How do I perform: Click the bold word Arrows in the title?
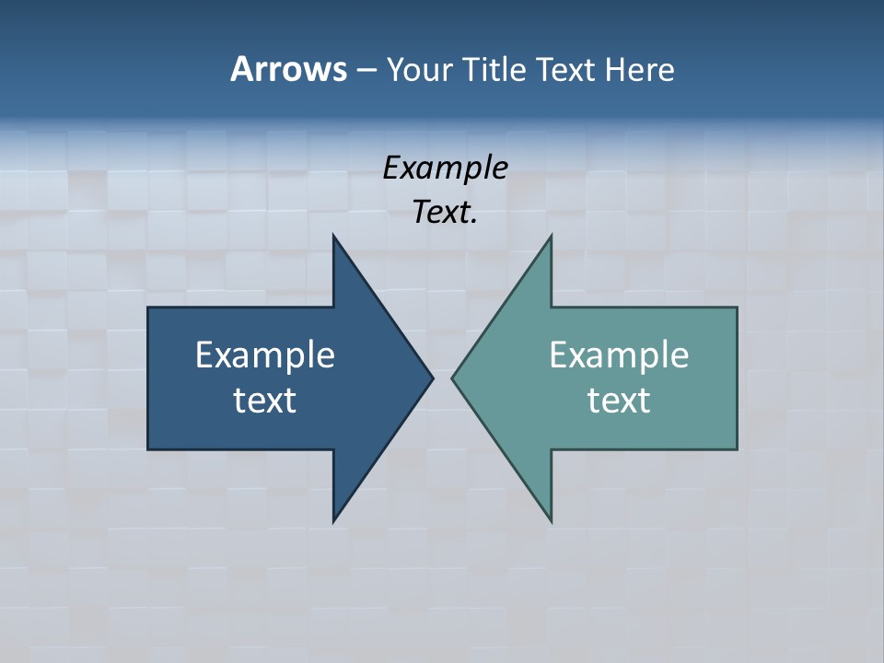287,70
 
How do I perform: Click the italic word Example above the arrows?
445,169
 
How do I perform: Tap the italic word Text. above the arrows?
445,213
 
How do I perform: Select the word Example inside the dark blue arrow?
265,355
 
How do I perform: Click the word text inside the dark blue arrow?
265,400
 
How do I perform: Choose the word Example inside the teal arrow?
619,355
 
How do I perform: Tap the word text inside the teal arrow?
619,400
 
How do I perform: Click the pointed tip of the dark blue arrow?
432,378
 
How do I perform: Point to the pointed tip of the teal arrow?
453,378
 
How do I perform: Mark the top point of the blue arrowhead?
333,236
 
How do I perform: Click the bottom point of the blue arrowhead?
333,521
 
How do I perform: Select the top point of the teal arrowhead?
551,236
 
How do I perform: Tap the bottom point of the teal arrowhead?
551,521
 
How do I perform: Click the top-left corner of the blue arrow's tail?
148,308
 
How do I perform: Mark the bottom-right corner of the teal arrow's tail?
737,448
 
